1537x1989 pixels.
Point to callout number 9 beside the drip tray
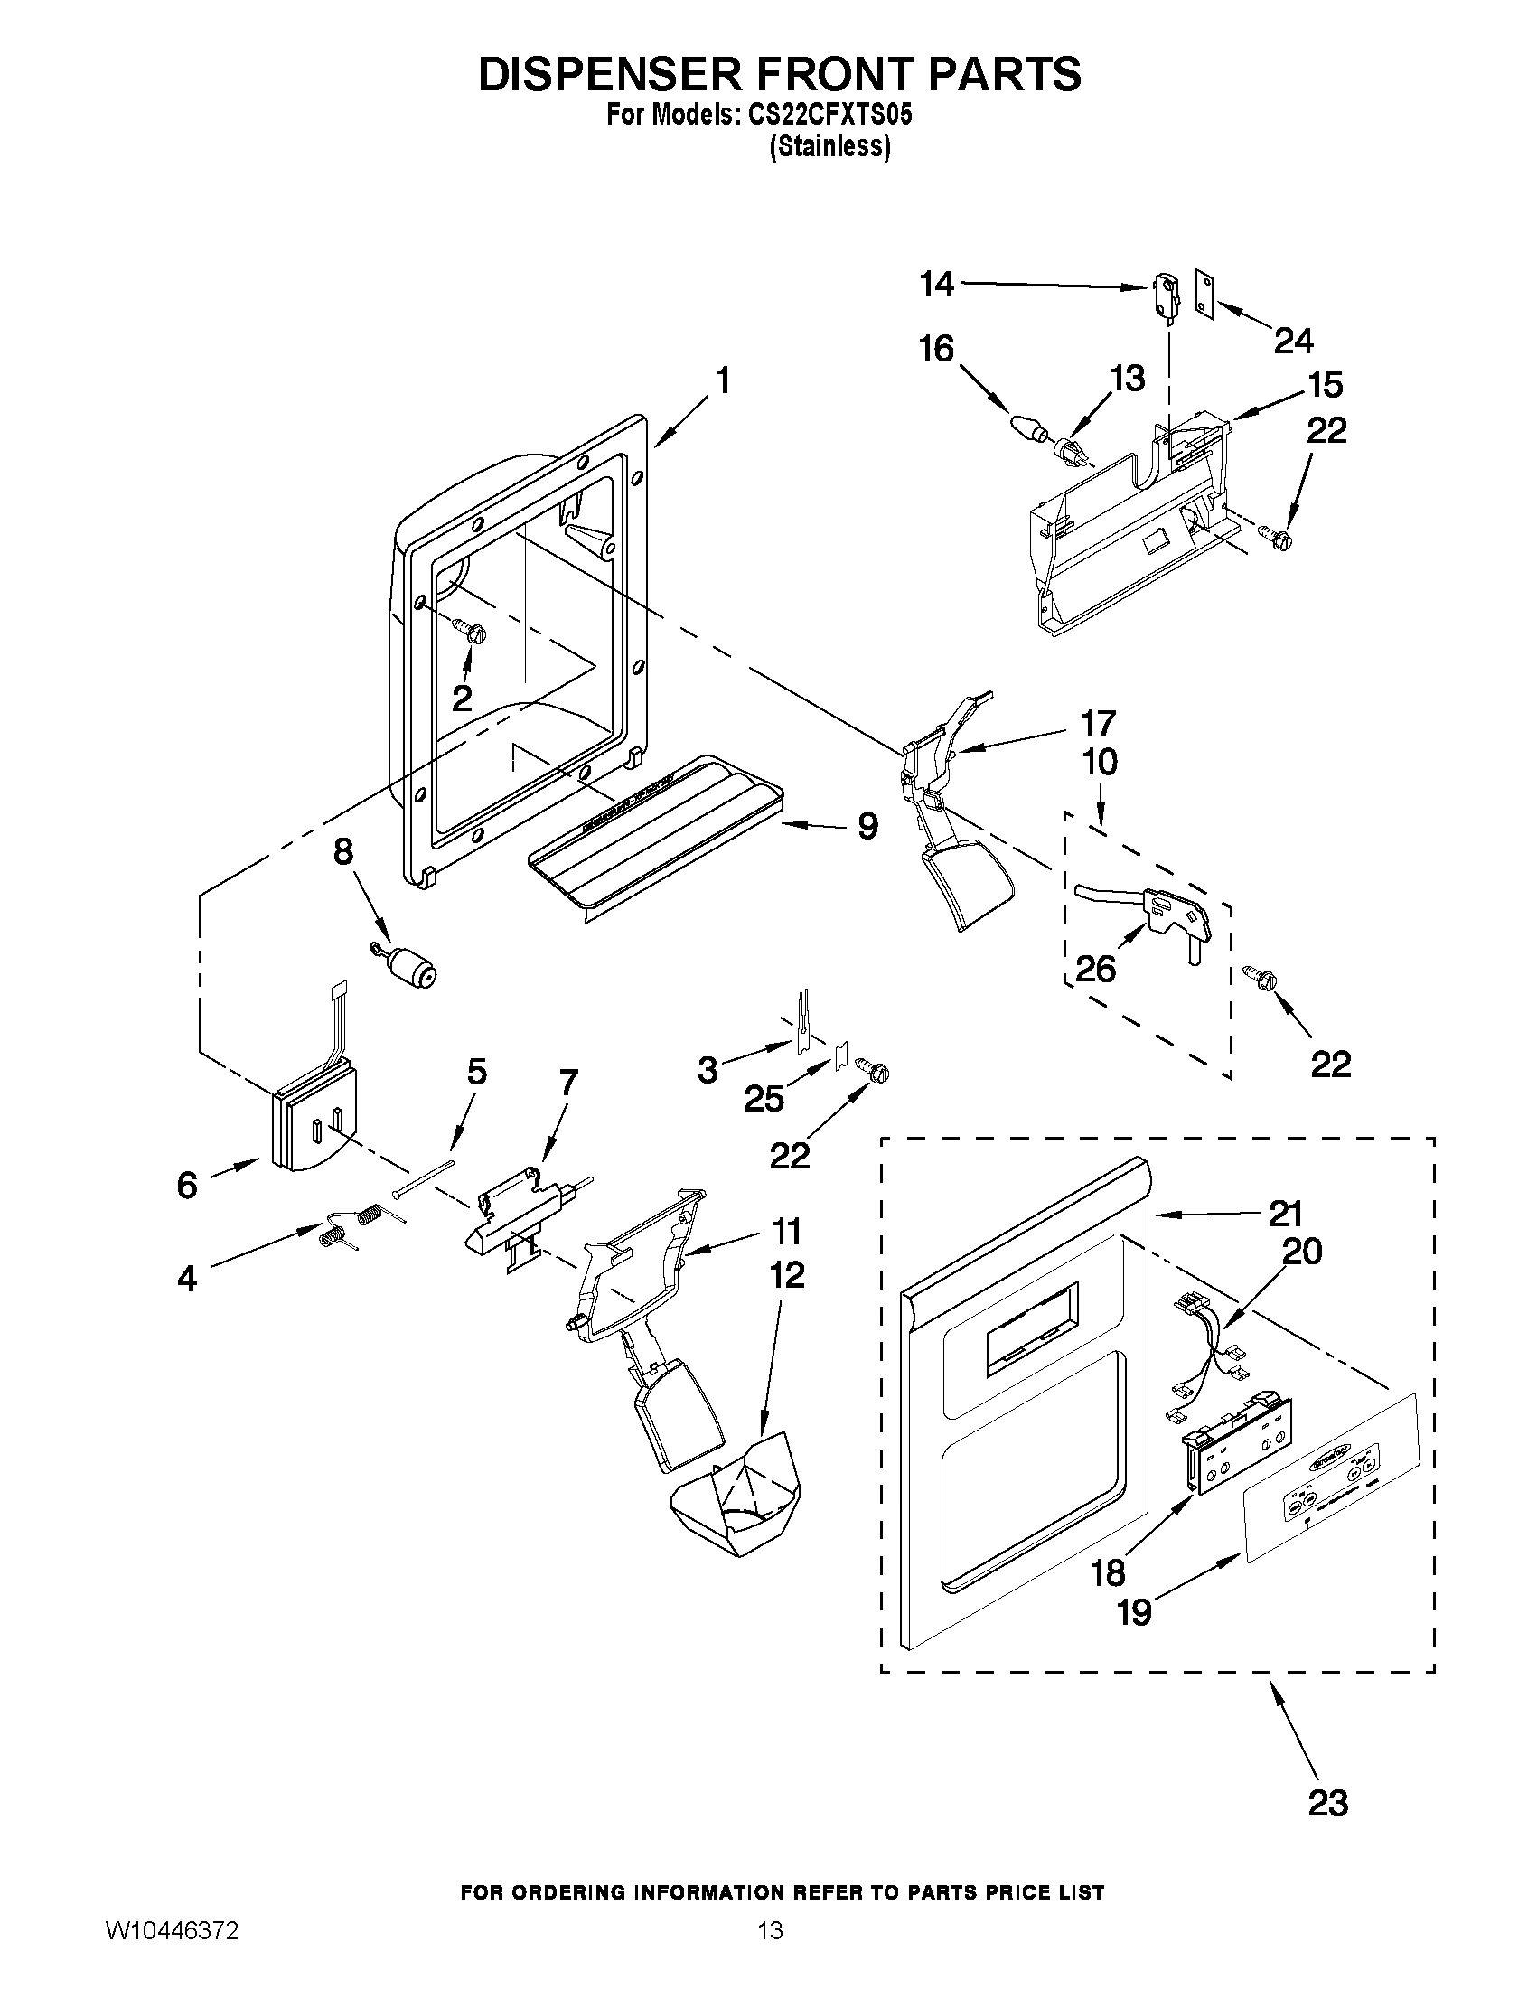(867, 827)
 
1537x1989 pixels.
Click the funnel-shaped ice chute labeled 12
(735, 1498)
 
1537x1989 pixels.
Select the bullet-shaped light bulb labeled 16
(1026, 427)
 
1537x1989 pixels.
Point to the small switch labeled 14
(1163, 295)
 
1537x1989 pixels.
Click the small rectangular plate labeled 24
(1205, 296)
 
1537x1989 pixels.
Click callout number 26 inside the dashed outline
(1095, 968)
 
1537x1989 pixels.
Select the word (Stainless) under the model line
(829, 145)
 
